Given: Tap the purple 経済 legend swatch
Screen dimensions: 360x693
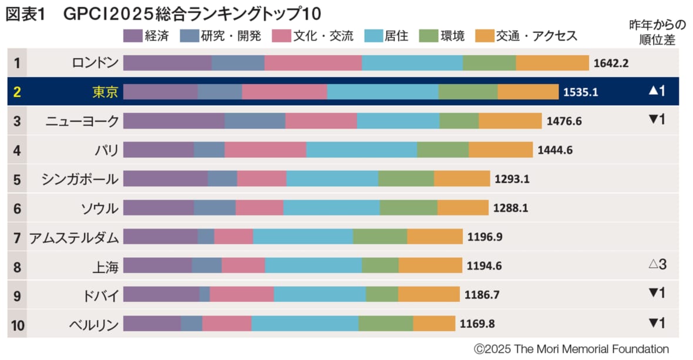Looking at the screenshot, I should tap(133, 36).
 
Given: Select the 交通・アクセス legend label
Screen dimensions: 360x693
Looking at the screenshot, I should tap(536, 36).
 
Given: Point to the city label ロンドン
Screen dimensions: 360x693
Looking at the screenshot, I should tap(95, 63).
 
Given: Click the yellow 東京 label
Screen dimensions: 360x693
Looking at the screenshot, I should tap(105, 92).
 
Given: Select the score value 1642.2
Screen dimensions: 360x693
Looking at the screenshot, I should tap(611, 63).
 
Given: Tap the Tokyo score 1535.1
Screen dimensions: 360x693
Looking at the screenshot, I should tap(580, 92).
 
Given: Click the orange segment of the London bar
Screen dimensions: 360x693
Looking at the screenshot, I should tap(552, 63).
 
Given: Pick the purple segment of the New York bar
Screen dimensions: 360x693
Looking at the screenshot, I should tap(174, 120).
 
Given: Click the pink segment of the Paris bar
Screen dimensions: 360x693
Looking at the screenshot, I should tap(265, 150).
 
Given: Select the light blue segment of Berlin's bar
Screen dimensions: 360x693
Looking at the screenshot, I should tap(305, 324).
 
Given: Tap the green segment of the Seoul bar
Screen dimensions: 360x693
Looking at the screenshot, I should tap(408, 207).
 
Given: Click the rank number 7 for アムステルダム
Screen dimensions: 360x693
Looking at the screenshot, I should tap(17, 237).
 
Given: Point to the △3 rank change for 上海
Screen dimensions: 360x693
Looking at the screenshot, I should tap(657, 265).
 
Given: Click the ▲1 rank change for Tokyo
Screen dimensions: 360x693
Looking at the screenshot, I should tap(656, 91).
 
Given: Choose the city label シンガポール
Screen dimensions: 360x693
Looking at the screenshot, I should tap(80, 179).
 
